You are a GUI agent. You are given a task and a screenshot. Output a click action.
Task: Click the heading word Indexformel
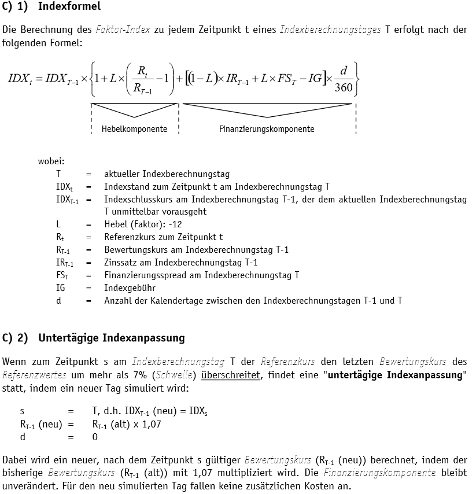(69, 6)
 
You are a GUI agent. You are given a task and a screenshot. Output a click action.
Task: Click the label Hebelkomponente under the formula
(134, 129)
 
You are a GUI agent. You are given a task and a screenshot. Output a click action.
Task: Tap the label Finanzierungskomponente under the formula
(267, 129)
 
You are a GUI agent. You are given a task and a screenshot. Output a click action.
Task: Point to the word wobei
(51, 161)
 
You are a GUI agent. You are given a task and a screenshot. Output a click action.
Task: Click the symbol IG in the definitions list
(61, 287)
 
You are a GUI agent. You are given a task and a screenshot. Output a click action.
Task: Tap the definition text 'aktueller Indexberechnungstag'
(167, 174)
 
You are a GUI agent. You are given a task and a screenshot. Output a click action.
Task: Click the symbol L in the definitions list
(58, 224)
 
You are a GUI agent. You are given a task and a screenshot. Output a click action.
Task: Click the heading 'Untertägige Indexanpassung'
(111, 337)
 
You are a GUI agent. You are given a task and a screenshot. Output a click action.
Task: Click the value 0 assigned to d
(95, 437)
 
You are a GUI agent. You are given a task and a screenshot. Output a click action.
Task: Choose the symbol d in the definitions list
(58, 300)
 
